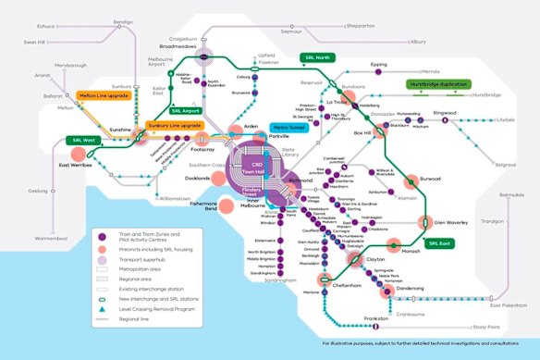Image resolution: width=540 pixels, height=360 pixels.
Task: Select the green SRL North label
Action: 320,56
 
